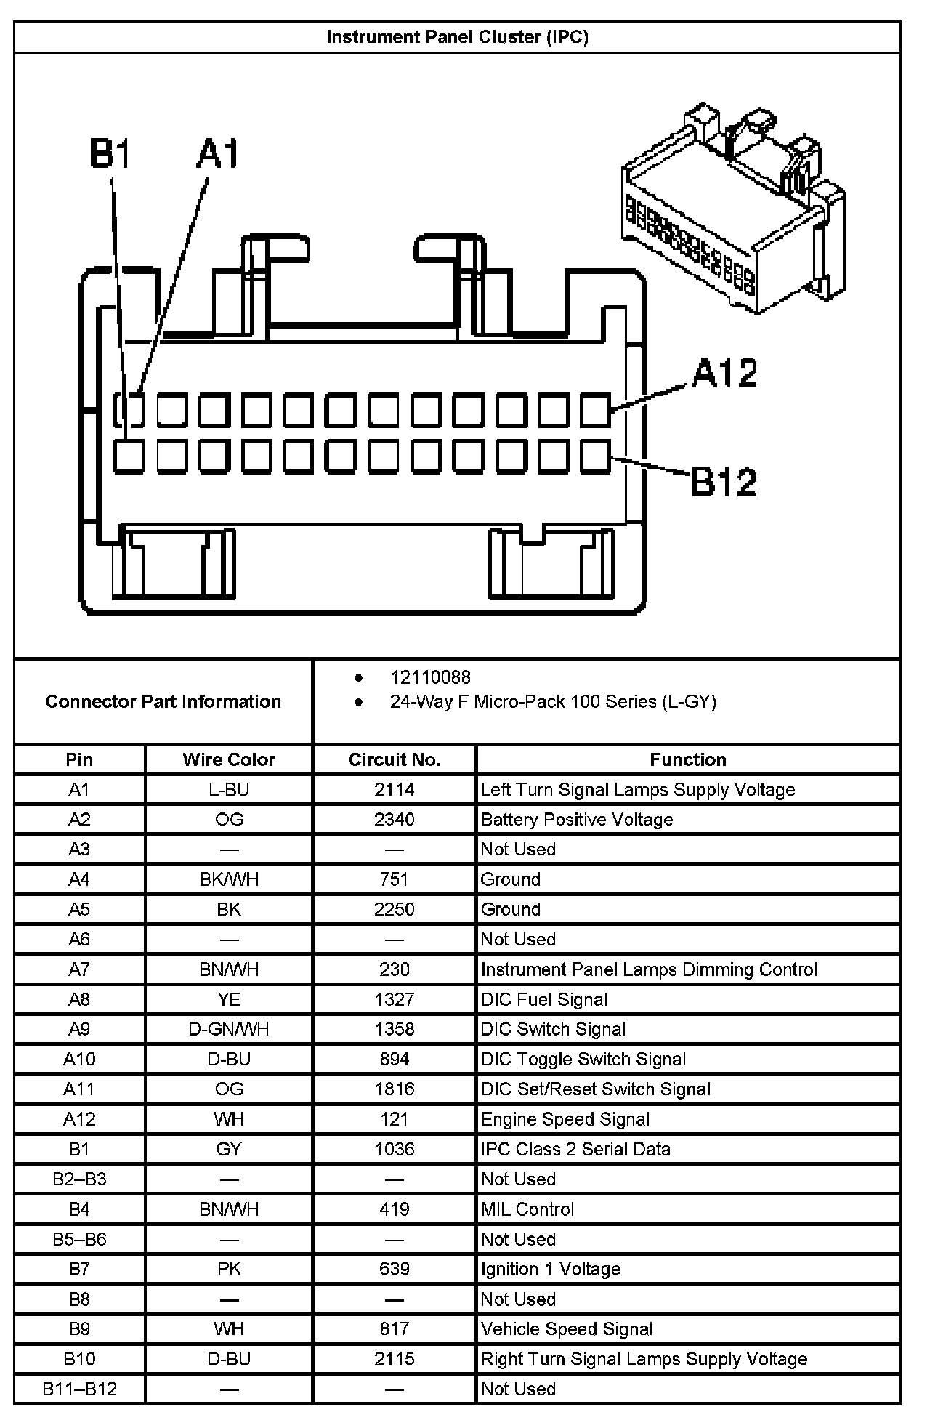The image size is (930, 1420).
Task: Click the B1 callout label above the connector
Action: click(x=109, y=155)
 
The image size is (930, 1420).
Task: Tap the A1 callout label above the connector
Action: click(x=217, y=155)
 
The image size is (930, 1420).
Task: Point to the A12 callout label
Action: click(x=724, y=373)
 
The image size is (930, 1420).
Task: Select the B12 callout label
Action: click(x=724, y=481)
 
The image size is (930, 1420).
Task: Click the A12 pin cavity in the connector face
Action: click(x=596, y=410)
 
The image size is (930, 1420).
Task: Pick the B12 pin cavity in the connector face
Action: click(x=596, y=456)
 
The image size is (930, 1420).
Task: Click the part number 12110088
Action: click(x=430, y=677)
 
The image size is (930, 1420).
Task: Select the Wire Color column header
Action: click(x=229, y=759)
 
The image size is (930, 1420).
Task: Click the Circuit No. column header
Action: click(x=395, y=759)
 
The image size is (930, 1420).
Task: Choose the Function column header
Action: click(x=687, y=759)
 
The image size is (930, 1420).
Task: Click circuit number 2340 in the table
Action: click(x=395, y=820)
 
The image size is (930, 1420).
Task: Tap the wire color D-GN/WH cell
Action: click(x=229, y=1029)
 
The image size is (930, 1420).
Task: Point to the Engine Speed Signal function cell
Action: click(x=565, y=1119)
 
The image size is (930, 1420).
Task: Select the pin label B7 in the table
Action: click(x=79, y=1269)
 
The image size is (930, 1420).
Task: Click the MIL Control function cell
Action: click(x=527, y=1209)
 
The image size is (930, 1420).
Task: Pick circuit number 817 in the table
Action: click(x=395, y=1328)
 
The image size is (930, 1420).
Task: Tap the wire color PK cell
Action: click(x=229, y=1269)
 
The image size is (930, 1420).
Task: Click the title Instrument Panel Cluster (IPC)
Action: click(x=457, y=37)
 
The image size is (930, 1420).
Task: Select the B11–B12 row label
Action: click(x=79, y=1389)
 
